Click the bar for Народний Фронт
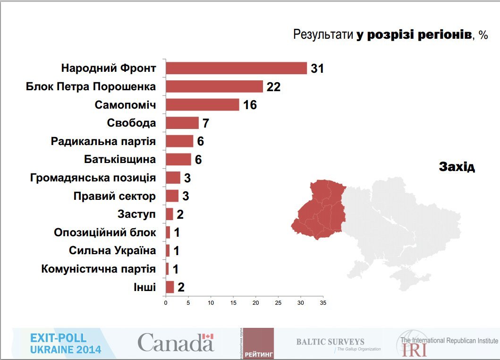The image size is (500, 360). [x=236, y=69]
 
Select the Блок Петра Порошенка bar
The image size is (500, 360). [x=214, y=86]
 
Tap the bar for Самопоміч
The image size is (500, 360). [x=202, y=104]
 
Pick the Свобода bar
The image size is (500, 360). [x=182, y=123]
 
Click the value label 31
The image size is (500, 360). [x=317, y=69]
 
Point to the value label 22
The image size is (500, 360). [x=273, y=87]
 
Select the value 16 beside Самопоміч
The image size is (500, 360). [x=250, y=105]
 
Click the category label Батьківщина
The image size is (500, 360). [x=120, y=159]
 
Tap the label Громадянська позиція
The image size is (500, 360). [x=93, y=178]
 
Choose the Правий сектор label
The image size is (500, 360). [x=114, y=196]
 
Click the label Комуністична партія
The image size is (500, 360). [x=98, y=269]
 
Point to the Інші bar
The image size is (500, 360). [x=169, y=287]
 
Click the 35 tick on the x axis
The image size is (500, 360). [x=323, y=302]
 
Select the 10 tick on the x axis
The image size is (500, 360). [x=211, y=302]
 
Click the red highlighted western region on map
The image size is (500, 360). [x=318, y=210]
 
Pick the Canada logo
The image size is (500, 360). [x=176, y=342]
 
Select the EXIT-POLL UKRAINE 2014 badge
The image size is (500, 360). [x=65, y=343]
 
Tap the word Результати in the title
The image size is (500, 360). [x=323, y=34]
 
